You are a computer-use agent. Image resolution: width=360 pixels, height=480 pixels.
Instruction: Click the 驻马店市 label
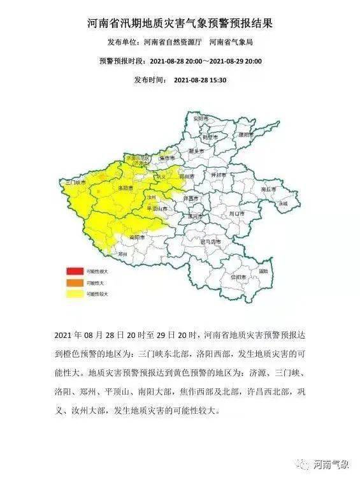point(210,242)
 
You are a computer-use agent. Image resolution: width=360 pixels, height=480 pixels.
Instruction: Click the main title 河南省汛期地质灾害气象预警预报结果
point(180,24)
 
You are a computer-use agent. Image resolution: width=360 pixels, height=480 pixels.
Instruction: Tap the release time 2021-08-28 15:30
point(200,80)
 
